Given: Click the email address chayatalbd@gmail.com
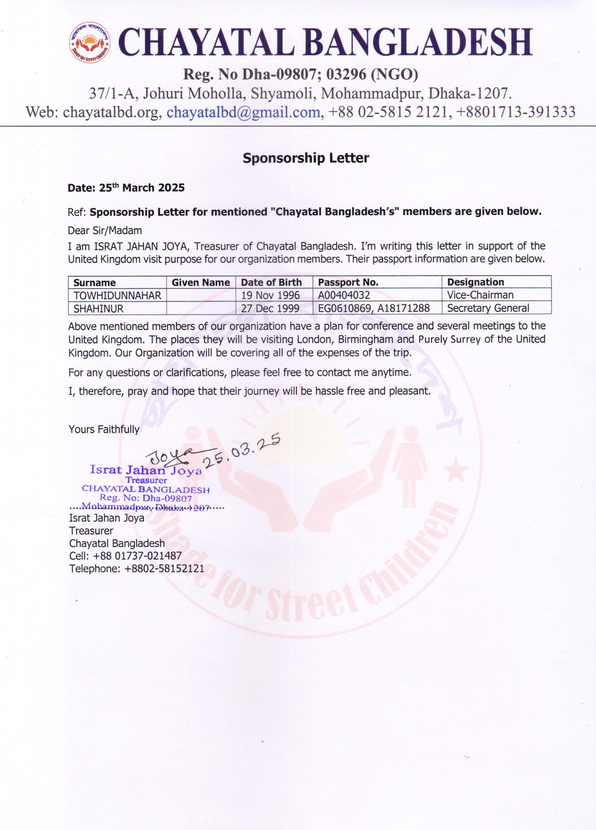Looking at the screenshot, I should (x=244, y=112).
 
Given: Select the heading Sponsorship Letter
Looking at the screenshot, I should (x=306, y=158).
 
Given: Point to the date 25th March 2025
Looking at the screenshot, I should (x=126, y=188).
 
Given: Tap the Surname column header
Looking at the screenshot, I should (x=94, y=282).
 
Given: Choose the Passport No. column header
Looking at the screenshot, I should (x=348, y=282).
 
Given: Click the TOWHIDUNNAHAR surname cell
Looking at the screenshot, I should (x=117, y=295).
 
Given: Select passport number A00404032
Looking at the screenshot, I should (x=344, y=295).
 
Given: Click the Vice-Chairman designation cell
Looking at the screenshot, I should (x=480, y=295).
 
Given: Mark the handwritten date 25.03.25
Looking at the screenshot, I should (x=244, y=450).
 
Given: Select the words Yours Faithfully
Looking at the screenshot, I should (x=104, y=429).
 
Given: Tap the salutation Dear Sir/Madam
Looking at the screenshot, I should (x=105, y=231).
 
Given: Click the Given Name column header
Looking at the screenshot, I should (x=201, y=282).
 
